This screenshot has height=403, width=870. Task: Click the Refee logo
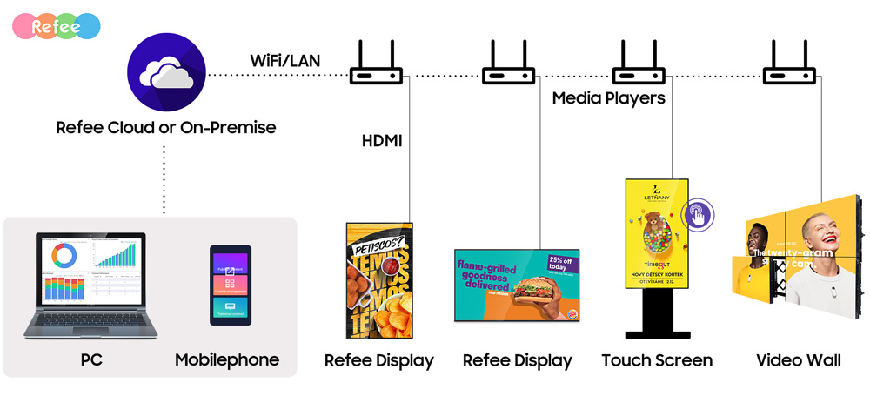point(57,26)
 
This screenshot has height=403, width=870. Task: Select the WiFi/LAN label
point(285,61)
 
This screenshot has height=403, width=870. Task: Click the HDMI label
point(382,139)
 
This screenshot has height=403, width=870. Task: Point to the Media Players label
point(608,98)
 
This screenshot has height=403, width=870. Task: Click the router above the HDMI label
point(376,68)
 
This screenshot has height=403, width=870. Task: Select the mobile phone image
point(230,285)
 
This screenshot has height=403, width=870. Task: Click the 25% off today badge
point(562,263)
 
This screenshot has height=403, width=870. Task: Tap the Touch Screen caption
point(657,360)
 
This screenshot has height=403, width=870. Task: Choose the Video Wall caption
point(799,360)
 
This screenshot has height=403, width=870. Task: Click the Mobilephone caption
point(227,360)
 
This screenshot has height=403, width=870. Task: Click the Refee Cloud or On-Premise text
point(165,128)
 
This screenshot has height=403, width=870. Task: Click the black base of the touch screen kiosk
point(657,333)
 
